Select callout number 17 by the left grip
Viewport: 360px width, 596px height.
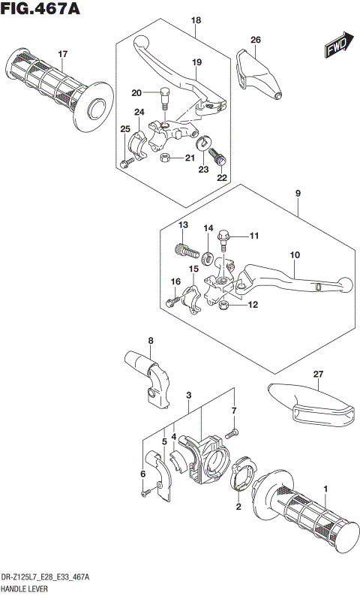[x=63, y=54]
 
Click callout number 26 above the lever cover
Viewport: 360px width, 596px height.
[x=256, y=40]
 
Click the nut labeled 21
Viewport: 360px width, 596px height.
[x=167, y=158]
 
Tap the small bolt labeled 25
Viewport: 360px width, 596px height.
[x=122, y=163]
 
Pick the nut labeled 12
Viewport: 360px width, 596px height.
[x=223, y=306]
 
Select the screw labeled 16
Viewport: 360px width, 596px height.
[x=171, y=302]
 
